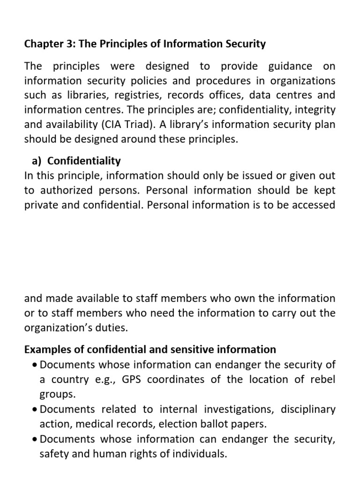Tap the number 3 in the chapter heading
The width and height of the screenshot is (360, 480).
click(70, 44)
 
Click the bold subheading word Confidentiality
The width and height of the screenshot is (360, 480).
click(84, 161)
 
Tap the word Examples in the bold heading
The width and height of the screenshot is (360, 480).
click(46, 349)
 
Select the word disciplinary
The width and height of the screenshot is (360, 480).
click(308, 409)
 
